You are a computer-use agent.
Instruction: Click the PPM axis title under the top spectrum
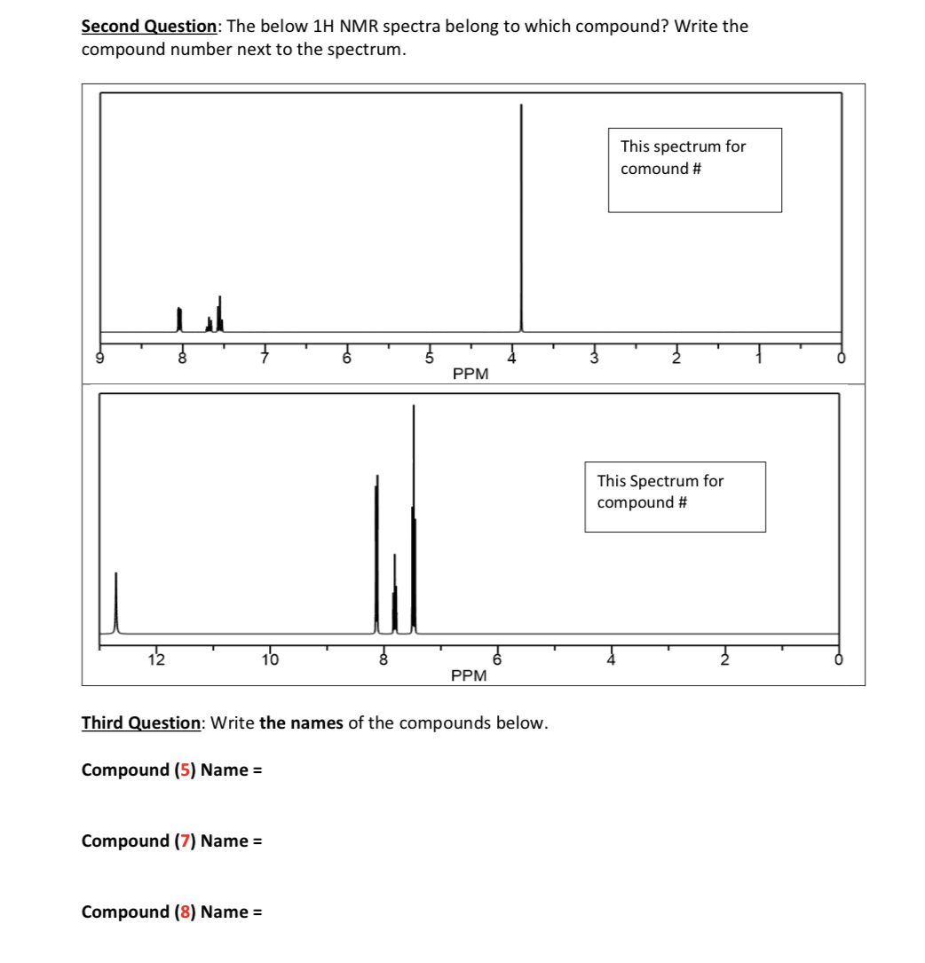pos(470,374)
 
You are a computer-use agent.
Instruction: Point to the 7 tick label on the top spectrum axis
pos(264,358)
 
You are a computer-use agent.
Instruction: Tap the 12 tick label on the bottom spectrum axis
pos(156,659)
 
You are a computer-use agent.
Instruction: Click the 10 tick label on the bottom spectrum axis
pos(270,659)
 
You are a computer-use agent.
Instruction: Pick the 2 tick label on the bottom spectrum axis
pos(724,659)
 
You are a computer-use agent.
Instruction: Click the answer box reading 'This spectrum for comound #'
pos(694,170)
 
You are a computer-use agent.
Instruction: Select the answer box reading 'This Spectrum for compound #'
pos(675,496)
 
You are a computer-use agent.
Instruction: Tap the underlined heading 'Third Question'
pos(140,722)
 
